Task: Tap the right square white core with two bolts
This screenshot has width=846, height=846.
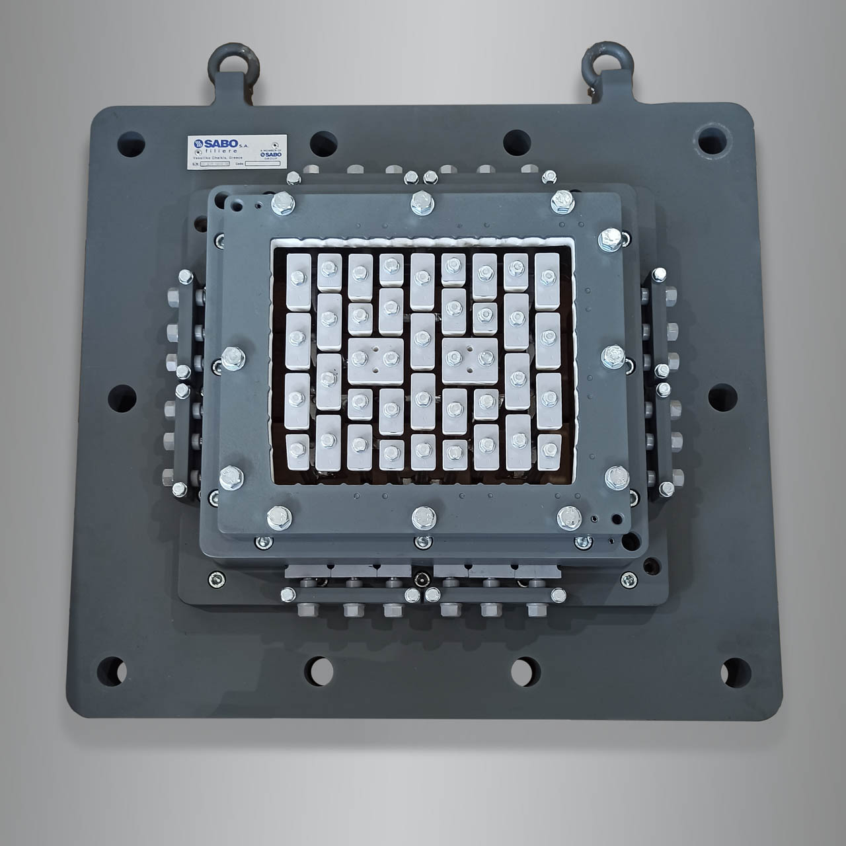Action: [469, 359]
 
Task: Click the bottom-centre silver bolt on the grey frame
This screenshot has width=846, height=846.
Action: [420, 517]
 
